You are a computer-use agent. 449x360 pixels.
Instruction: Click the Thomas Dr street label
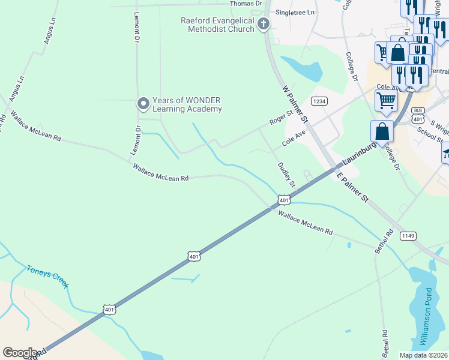click(x=246, y=4)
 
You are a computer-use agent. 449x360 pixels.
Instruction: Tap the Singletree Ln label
click(x=294, y=12)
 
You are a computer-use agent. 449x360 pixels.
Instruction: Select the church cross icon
click(x=262, y=24)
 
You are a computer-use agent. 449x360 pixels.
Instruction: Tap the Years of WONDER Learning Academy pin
click(x=143, y=104)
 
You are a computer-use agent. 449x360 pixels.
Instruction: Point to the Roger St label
click(x=281, y=116)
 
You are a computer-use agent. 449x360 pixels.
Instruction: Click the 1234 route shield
click(x=319, y=101)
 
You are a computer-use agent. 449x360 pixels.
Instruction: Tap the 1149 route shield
click(x=409, y=236)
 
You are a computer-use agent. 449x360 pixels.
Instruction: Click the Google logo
click(x=20, y=352)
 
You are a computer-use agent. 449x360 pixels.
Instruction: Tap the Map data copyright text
click(x=423, y=355)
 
